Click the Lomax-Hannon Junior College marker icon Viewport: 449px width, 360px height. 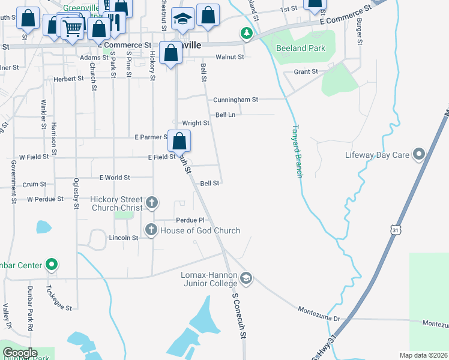tap(246, 278)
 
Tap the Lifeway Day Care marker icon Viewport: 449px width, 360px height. tap(420, 155)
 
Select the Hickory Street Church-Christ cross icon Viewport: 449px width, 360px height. tap(151, 202)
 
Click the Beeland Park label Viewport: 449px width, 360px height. tap(300, 48)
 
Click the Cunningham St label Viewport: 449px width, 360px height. tap(235, 100)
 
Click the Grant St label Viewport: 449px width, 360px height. tap(306, 72)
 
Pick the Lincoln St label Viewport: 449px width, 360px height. tap(124, 238)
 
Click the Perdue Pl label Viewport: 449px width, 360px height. tap(190, 220)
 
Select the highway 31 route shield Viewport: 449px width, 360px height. tap(394, 230)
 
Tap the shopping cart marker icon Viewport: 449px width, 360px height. tap(72, 26)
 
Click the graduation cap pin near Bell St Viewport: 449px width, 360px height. tap(182, 19)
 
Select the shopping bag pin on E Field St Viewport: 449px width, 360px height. tap(179, 142)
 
